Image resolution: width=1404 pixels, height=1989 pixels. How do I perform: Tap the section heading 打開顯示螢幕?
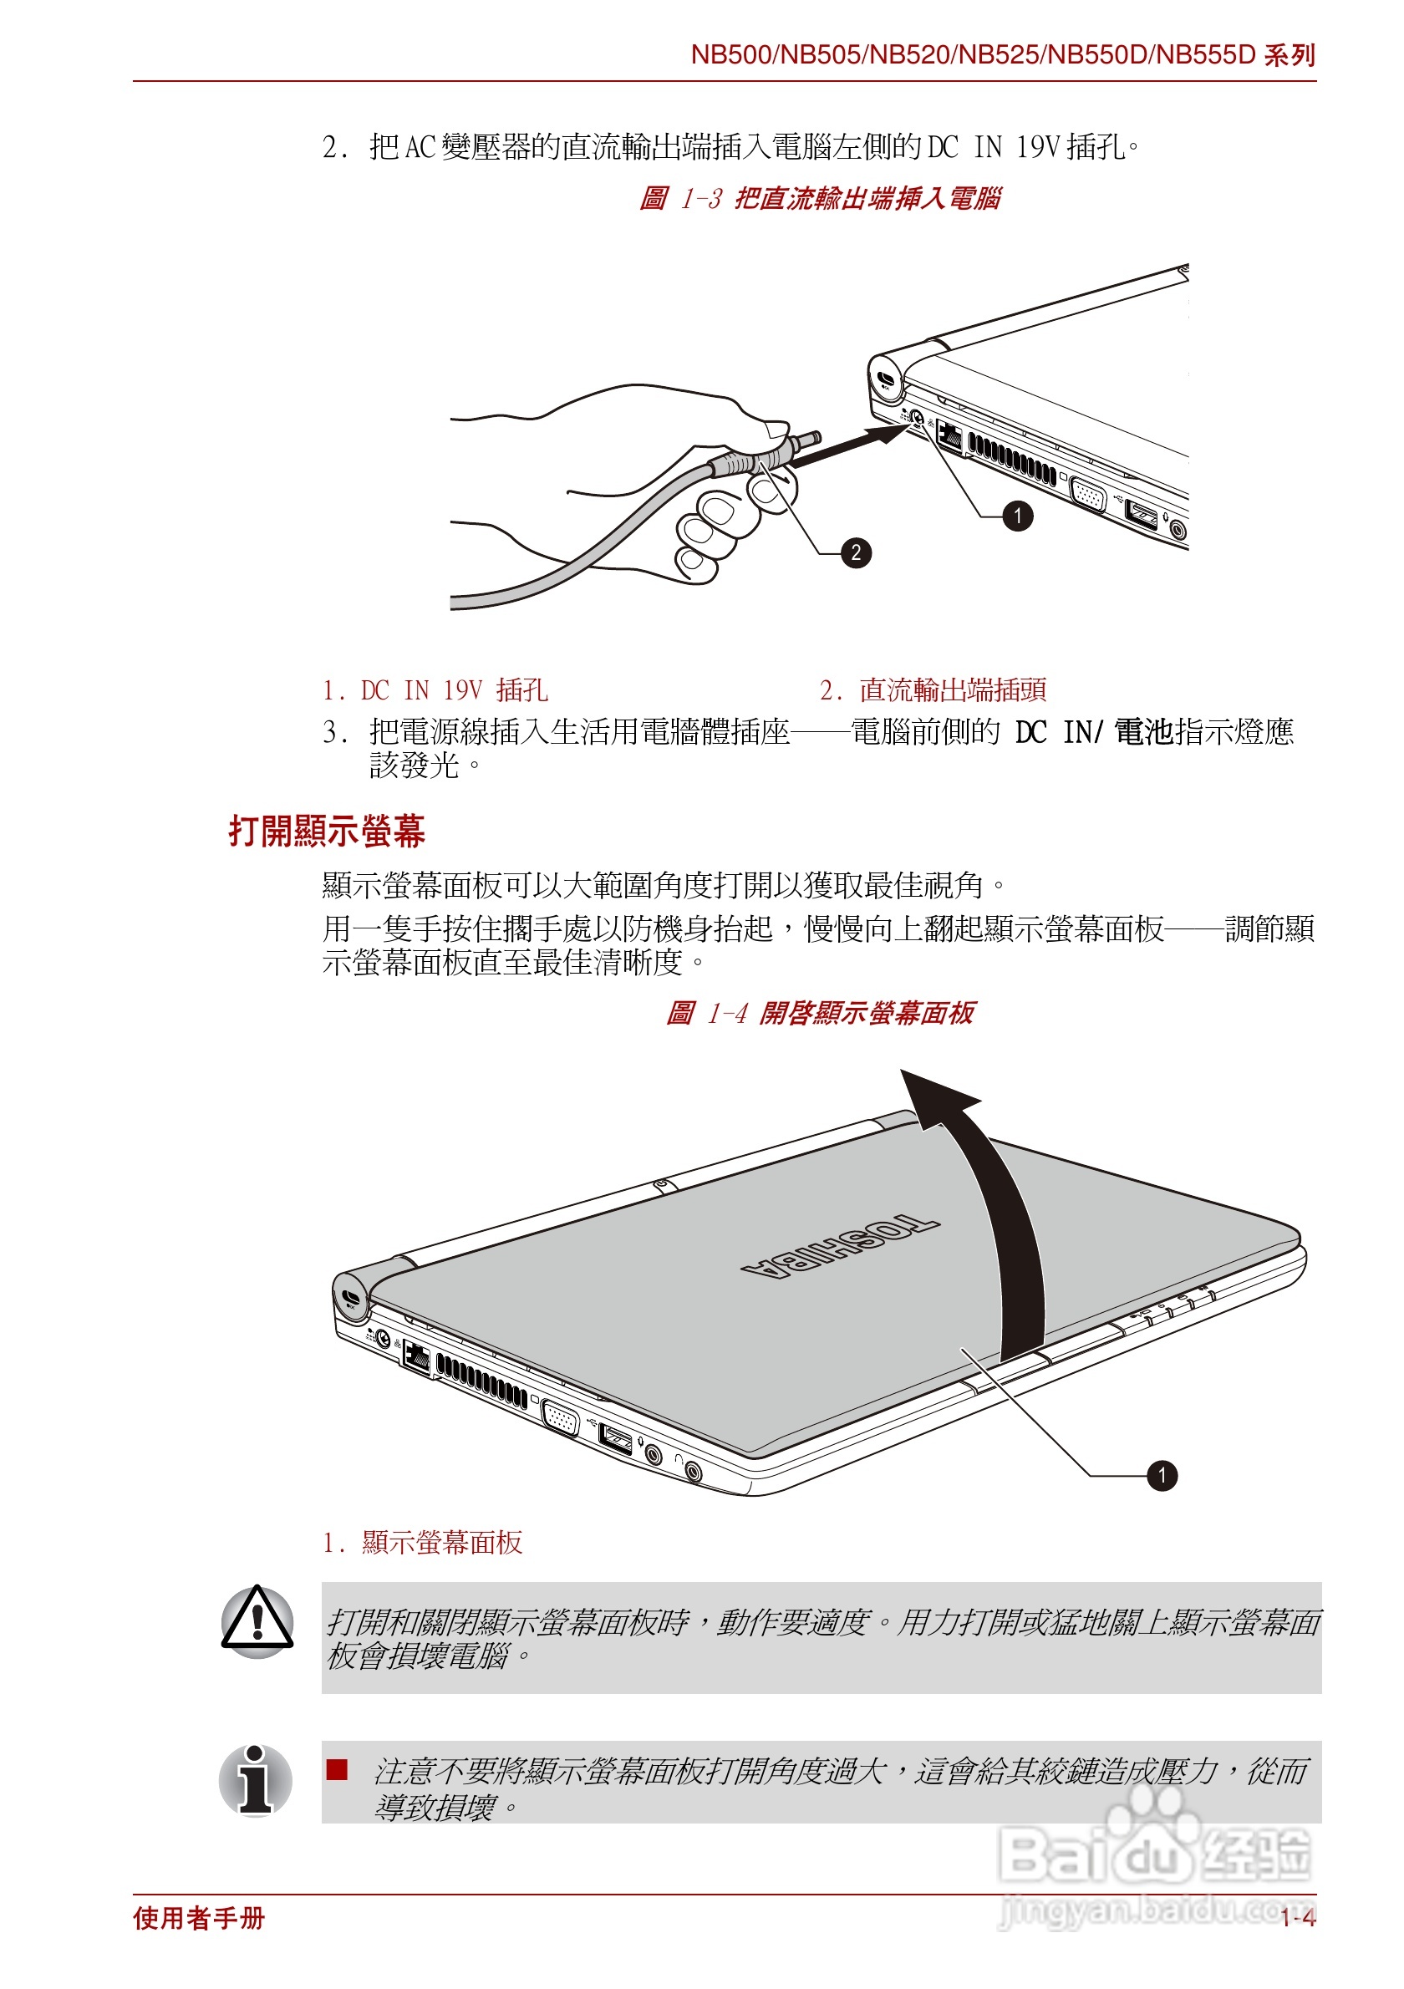[x=327, y=831]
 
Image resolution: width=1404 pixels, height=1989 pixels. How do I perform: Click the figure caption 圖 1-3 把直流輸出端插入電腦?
[x=818, y=198]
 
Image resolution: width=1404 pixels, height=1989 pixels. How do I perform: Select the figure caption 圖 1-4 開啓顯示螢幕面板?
[x=818, y=1013]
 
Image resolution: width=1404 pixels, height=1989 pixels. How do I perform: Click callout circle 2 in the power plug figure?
[x=855, y=552]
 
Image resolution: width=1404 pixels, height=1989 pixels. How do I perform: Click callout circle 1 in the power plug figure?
[x=1017, y=516]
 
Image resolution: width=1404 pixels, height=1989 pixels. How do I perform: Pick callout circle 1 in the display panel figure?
[x=1162, y=1475]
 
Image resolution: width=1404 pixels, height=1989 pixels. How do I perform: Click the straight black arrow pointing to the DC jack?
[x=849, y=446]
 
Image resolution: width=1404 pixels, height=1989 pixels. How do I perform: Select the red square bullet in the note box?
[x=337, y=1770]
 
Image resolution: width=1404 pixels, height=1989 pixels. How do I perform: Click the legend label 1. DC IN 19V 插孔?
[x=435, y=690]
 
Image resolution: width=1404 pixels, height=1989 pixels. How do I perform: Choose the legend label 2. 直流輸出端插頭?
[x=933, y=690]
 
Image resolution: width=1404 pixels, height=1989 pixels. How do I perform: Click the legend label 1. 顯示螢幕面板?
[x=423, y=1542]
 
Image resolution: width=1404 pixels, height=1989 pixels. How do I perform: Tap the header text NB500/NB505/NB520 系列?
[x=1002, y=55]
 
